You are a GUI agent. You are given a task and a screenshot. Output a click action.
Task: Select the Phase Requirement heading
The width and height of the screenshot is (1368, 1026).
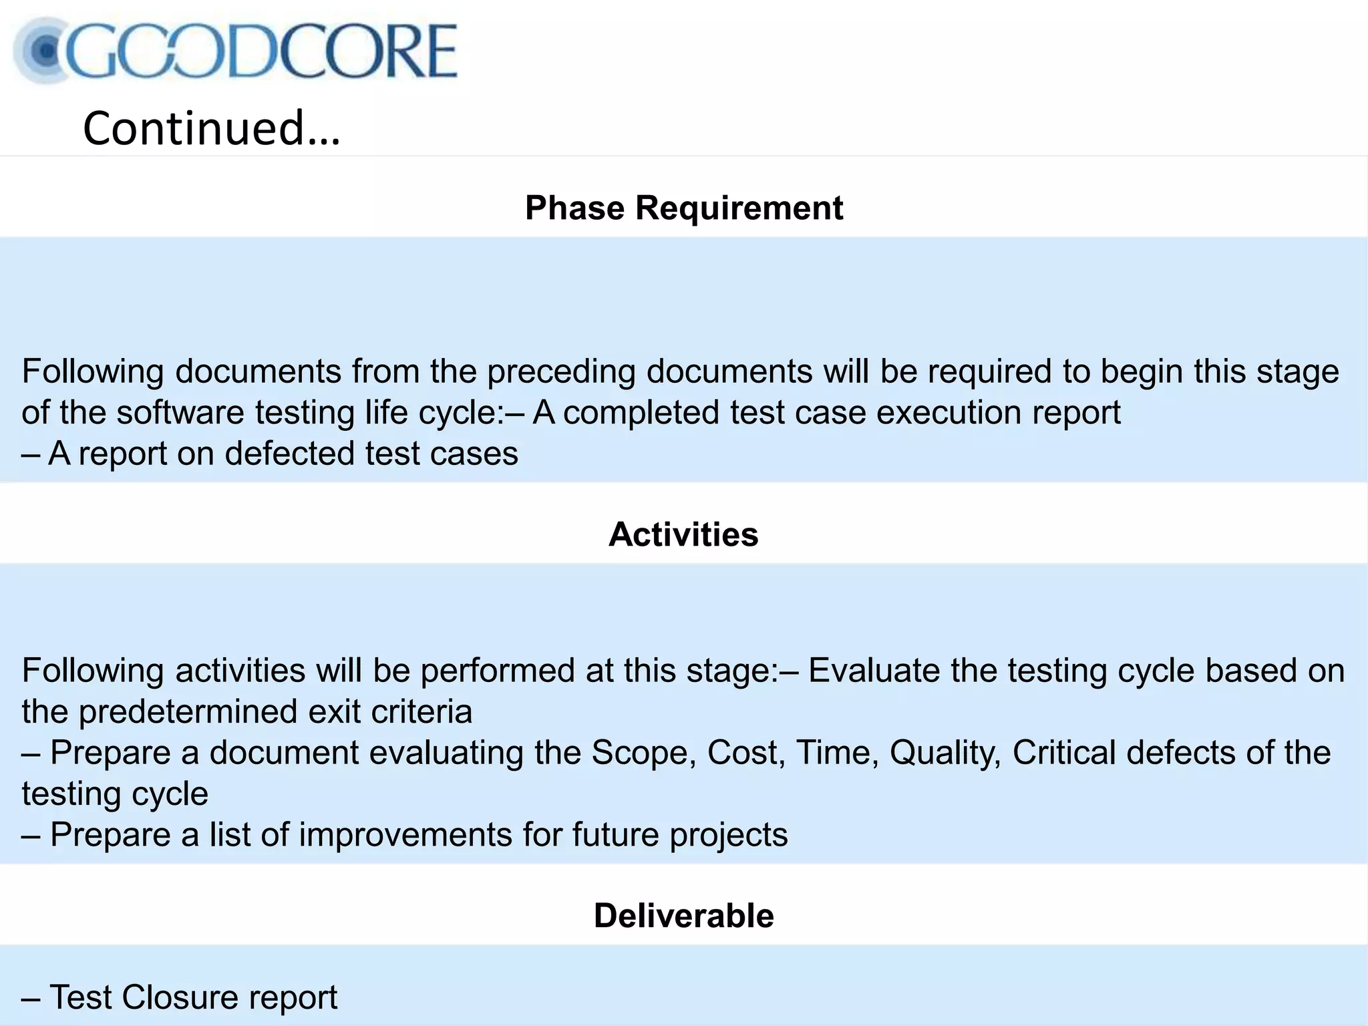(684, 208)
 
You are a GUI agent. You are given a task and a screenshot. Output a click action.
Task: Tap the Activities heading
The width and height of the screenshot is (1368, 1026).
(683, 534)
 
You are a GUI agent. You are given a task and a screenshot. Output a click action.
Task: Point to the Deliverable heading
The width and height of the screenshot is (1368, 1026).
(683, 915)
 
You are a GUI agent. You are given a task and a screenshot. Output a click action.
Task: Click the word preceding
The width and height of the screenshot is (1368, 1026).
(561, 371)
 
